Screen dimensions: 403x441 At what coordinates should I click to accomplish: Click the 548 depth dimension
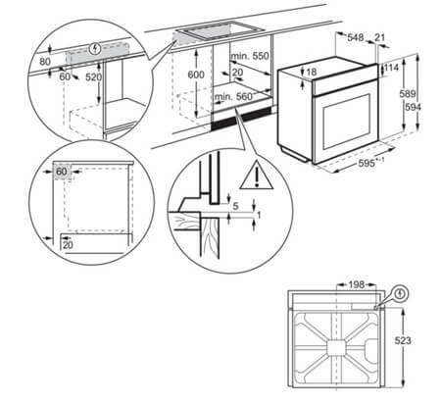point(355,38)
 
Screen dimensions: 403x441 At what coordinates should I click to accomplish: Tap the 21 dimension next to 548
point(380,38)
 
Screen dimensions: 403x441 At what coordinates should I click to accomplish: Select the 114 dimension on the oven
point(391,68)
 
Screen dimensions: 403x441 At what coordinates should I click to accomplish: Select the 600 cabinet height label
point(196,76)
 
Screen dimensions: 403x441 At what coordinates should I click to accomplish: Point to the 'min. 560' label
point(231,97)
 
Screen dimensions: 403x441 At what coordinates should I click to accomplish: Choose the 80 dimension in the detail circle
point(45,61)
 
